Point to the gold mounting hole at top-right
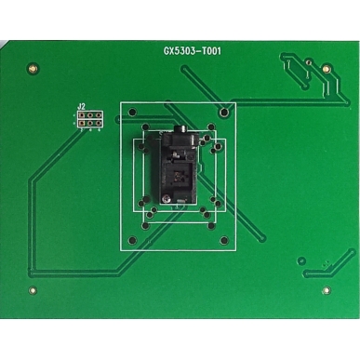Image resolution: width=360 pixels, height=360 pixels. pyautogui.click(x=325, y=67)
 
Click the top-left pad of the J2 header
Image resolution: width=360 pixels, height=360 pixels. pyautogui.click(x=81, y=114)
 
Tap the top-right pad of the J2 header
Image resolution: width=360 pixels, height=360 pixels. pyautogui.click(x=98, y=114)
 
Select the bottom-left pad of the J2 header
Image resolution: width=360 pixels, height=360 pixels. pyautogui.click(x=81, y=123)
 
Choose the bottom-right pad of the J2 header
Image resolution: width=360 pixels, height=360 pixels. pyautogui.click(x=98, y=123)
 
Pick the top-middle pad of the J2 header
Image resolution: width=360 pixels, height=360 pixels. pyautogui.click(x=89, y=114)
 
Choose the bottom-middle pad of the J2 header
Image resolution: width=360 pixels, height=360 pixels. pyautogui.click(x=89, y=123)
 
